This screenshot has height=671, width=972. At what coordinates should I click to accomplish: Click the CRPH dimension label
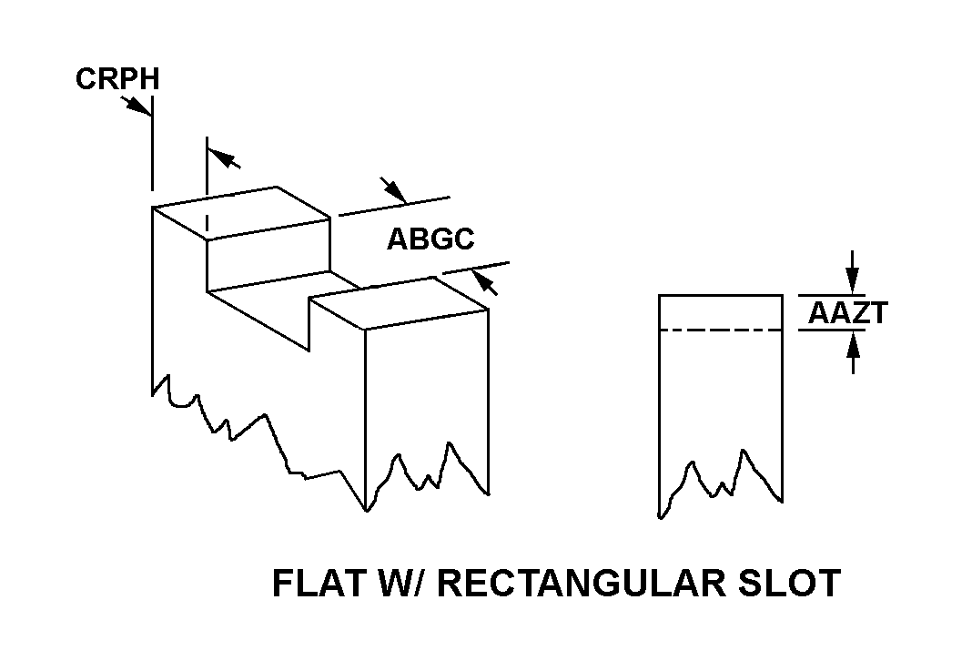point(117,79)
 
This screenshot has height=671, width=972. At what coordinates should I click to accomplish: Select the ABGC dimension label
point(430,239)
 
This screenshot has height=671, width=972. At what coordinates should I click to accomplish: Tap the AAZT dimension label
point(848,313)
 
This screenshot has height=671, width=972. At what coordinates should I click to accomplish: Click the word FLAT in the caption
point(319,583)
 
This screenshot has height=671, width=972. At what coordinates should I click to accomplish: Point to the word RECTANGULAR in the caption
point(581,583)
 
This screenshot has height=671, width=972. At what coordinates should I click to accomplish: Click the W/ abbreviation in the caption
point(401,583)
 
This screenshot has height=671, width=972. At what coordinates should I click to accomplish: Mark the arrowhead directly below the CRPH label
point(137,106)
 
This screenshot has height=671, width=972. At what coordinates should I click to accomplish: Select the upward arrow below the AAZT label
point(854,352)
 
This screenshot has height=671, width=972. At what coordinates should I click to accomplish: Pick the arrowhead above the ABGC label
point(394,190)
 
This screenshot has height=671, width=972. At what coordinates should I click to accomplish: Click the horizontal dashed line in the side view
point(720,330)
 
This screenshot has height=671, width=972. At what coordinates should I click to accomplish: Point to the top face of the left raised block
point(242,212)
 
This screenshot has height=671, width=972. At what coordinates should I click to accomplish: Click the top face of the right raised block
point(399,302)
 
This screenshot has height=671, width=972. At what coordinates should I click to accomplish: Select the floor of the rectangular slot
point(282,310)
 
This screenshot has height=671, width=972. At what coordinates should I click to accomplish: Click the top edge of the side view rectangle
point(720,295)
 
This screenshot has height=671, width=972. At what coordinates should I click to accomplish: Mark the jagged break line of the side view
point(720,483)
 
